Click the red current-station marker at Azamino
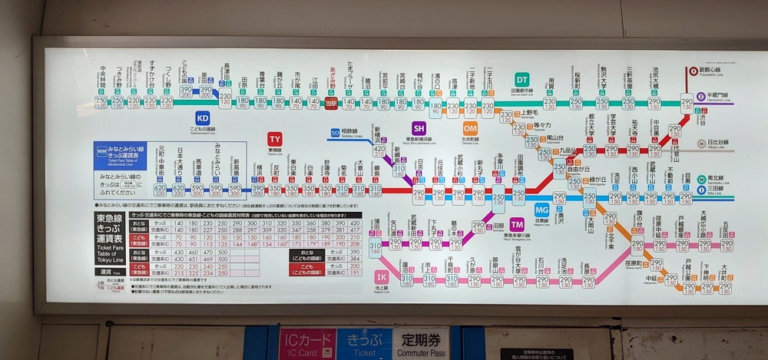point(331,103)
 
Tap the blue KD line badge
point(203,118)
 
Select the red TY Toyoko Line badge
point(275,138)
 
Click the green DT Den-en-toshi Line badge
point(522,79)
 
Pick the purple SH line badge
point(419,128)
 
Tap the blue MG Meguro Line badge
point(542,209)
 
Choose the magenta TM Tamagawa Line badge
point(517,223)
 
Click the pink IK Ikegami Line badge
point(381,276)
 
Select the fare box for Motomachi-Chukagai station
point(160,190)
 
